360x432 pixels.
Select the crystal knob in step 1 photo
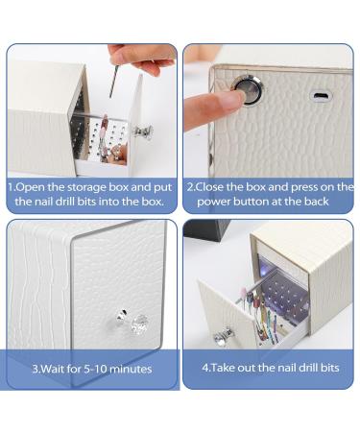tap(144, 132)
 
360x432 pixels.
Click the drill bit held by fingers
tap(113, 81)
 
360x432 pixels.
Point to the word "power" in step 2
tap(213, 202)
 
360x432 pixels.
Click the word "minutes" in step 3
tap(131, 370)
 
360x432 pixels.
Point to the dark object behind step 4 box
tap(206, 229)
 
